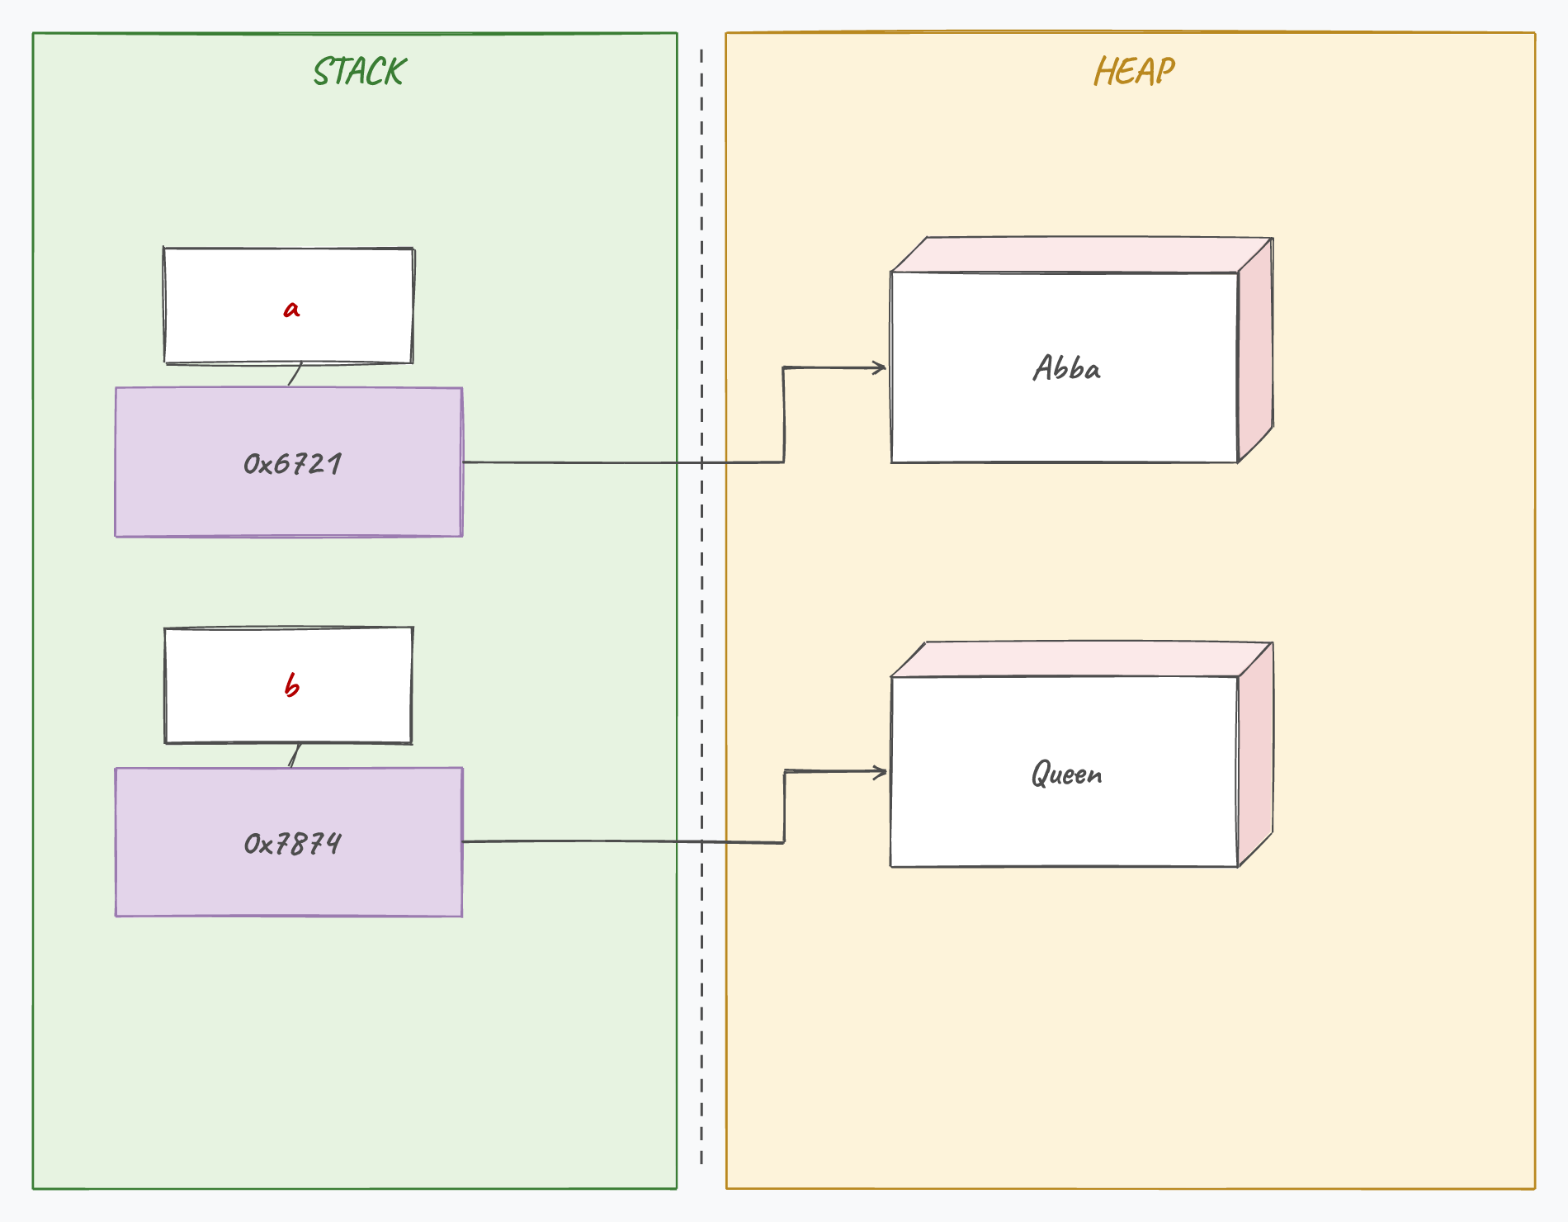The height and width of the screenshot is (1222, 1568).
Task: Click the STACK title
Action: [x=360, y=72]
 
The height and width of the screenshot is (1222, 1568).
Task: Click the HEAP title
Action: [x=1134, y=71]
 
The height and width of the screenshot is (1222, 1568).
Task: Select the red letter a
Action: [x=291, y=310]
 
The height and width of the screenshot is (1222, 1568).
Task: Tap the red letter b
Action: [x=291, y=685]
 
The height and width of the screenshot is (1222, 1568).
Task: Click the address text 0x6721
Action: [x=292, y=464]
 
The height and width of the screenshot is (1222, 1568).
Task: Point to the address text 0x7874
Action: [x=292, y=844]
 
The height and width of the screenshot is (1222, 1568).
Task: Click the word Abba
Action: [x=1066, y=368]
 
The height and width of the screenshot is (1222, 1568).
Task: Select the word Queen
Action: [x=1066, y=774]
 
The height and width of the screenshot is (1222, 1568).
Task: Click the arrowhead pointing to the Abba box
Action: [x=881, y=367]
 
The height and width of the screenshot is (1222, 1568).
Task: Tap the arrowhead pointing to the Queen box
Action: [x=881, y=772]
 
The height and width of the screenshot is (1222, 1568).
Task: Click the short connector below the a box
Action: [x=295, y=374]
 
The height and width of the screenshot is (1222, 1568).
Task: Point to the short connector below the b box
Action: [x=295, y=755]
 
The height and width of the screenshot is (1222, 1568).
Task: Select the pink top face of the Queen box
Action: [x=1082, y=660]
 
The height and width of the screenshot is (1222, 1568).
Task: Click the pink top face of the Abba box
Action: [x=1082, y=255]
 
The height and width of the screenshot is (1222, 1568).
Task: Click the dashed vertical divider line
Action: [x=701, y=607]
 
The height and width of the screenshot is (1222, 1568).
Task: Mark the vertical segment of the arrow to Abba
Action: [x=783, y=414]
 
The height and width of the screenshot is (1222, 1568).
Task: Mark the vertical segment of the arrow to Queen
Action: [x=784, y=807]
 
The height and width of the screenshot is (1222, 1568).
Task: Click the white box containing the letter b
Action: [x=289, y=685]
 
